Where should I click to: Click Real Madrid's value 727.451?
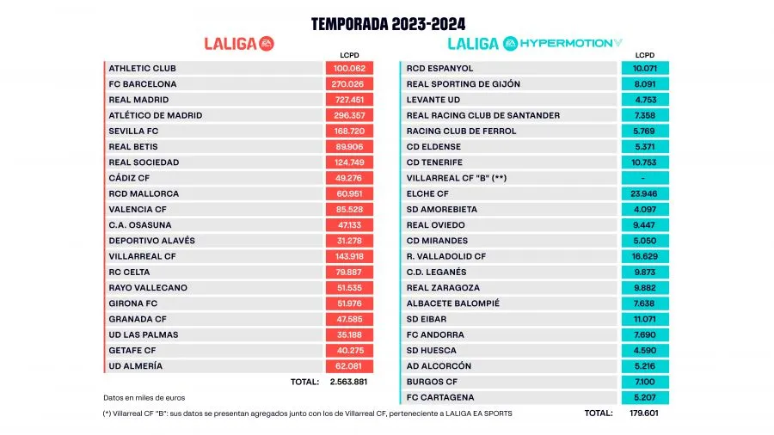(349, 100)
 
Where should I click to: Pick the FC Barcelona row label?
(143, 84)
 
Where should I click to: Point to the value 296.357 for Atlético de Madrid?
(349, 115)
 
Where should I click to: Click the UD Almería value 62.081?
(349, 365)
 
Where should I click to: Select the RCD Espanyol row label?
(439, 68)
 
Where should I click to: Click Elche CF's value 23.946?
(645, 193)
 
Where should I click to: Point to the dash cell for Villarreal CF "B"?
(645, 178)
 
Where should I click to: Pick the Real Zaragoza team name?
(443, 287)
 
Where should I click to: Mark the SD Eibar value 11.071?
(645, 319)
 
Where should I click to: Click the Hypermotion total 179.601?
(645, 413)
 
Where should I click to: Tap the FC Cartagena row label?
(440, 397)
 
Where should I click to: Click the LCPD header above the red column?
(349, 55)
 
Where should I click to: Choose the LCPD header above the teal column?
(645, 55)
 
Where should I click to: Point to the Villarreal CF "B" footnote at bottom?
(307, 414)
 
